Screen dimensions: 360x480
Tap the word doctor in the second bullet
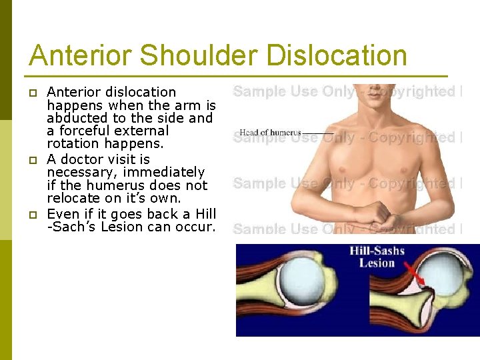(83, 159)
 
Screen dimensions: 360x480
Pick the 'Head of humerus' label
(270, 133)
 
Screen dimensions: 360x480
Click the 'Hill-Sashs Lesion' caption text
(377, 257)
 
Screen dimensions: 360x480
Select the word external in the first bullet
(145, 131)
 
